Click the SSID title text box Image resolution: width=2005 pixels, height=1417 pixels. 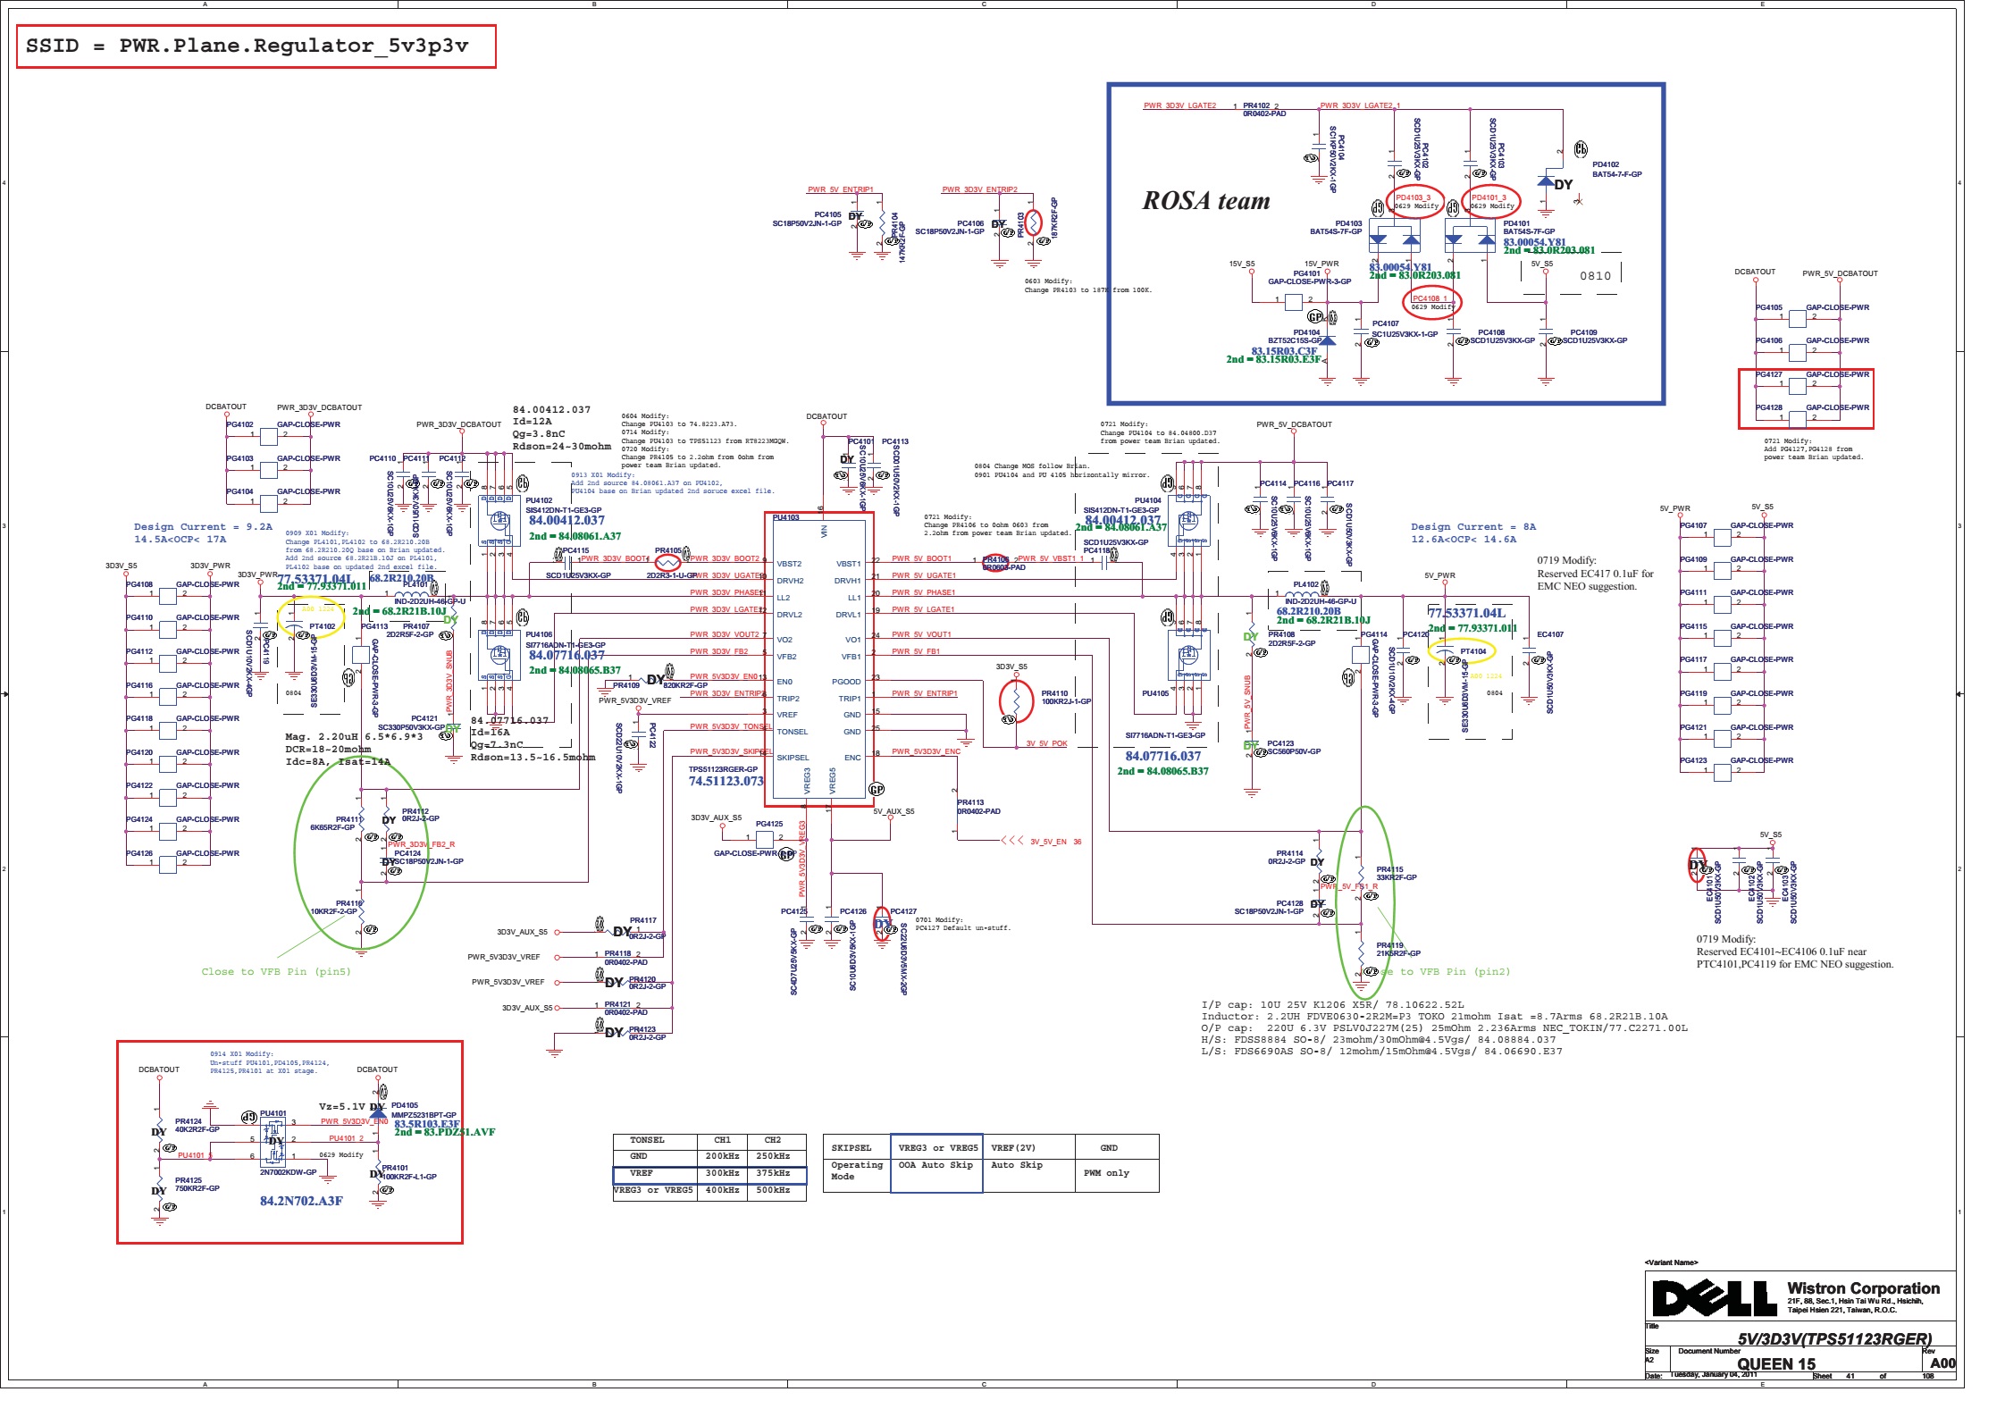pos(256,46)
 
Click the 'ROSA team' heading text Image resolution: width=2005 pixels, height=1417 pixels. pos(1206,201)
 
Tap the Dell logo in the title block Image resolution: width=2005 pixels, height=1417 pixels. pos(1713,1298)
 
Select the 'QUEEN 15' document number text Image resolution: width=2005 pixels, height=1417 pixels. pos(1776,1364)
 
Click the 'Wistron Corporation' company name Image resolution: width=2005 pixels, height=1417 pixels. pos(1863,1288)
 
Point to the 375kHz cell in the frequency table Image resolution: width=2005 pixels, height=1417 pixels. pos(772,1173)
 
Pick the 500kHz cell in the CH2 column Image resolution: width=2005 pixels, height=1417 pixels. pos(772,1190)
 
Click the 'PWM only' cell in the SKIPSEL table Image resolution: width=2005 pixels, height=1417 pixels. pos(1106,1173)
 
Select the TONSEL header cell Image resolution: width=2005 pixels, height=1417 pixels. pos(647,1140)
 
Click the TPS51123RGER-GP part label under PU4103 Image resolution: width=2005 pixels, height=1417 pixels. pos(723,769)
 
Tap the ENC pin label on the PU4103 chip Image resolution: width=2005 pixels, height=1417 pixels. pos(852,758)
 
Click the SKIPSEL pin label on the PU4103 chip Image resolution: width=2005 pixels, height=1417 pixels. pos(793,758)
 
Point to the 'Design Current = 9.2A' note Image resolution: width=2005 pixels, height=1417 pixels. pos(203,527)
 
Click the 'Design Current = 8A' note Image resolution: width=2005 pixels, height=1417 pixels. pos(1473,527)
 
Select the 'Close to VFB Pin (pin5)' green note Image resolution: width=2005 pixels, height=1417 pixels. pos(276,972)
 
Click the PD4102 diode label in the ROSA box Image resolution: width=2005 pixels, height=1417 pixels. pos(1606,164)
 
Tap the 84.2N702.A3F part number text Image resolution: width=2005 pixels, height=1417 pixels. pos(301,1201)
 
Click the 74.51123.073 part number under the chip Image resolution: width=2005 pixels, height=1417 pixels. pos(726,782)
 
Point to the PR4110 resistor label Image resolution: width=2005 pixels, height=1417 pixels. pos(1054,693)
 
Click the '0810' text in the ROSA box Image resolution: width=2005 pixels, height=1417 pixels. pos(1595,276)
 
